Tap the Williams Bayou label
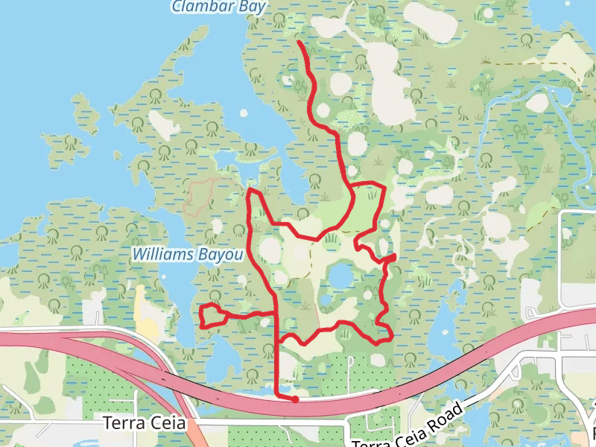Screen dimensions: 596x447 click(x=188, y=255)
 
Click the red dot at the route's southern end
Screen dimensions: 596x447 click(x=295, y=399)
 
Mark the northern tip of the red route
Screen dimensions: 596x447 click(x=299, y=42)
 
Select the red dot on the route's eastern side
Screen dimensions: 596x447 click(x=392, y=257)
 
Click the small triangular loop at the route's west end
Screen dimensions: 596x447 click(x=212, y=317)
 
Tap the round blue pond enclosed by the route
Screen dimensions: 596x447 click(x=340, y=278)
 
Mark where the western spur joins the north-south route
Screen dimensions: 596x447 click(x=276, y=312)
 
